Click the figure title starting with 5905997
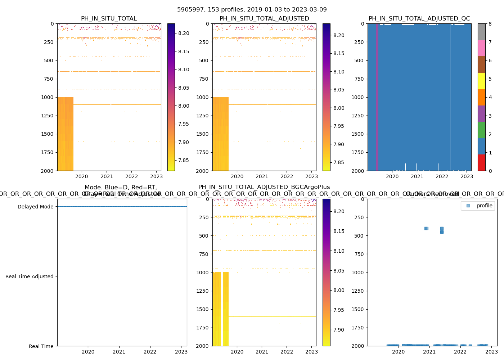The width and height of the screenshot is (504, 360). pyautogui.click(x=252, y=10)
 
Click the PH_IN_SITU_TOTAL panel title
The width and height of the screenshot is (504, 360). pyautogui.click(x=109, y=19)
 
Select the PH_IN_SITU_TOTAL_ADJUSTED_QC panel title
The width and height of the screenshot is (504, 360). pyautogui.click(x=419, y=19)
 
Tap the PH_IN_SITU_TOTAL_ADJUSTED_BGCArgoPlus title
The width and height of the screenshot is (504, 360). pyautogui.click(x=264, y=187)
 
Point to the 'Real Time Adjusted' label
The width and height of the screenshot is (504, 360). pyautogui.click(x=29, y=276)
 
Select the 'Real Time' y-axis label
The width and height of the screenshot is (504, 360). pyautogui.click(x=41, y=346)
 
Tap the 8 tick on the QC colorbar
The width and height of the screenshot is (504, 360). pyautogui.click(x=490, y=24)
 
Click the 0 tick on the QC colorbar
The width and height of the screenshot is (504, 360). pyautogui.click(x=490, y=171)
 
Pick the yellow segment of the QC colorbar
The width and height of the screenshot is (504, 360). pyautogui.click(x=482, y=81)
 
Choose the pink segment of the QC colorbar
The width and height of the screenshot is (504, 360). pyautogui.click(x=482, y=48)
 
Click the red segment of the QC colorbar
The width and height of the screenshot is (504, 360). pyautogui.click(x=482, y=162)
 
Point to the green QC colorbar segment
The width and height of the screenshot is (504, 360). pyautogui.click(x=482, y=130)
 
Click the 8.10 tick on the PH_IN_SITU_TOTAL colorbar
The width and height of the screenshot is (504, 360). pyautogui.click(x=184, y=69)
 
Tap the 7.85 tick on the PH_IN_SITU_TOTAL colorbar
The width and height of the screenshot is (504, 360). pyautogui.click(x=184, y=160)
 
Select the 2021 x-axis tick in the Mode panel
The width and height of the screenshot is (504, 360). pyautogui.click(x=119, y=352)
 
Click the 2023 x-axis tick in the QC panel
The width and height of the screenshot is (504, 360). pyautogui.click(x=467, y=176)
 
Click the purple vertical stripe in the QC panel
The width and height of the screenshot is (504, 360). pyautogui.click(x=377, y=97)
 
